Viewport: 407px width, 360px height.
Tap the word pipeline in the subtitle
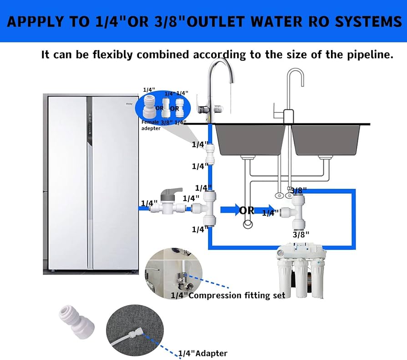coord(369,55)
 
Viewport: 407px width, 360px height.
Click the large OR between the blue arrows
coord(247,211)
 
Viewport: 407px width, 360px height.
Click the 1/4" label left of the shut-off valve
coord(149,203)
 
